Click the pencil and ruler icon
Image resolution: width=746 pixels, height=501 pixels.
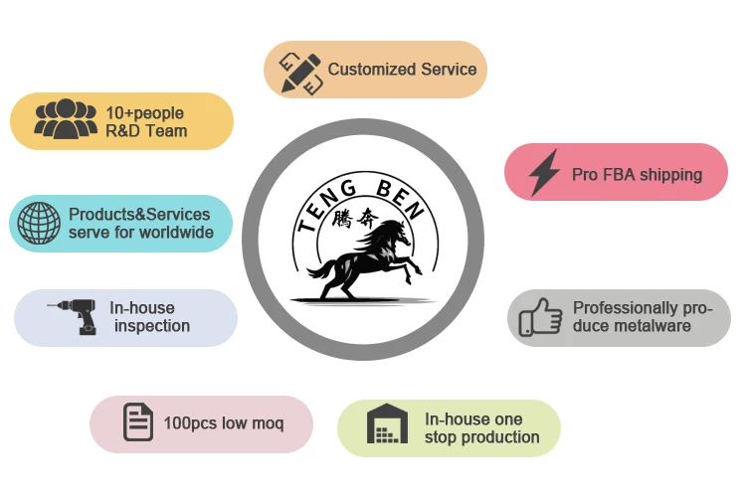300,70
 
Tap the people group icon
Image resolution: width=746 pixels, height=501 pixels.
66,120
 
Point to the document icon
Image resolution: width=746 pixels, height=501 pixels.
137,422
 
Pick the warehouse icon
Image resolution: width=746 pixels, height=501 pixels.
388,424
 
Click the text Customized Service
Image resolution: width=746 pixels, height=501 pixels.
402,70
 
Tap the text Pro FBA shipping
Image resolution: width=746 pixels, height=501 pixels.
637,175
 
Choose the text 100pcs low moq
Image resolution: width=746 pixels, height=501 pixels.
223,423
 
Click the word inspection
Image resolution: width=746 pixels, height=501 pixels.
152,326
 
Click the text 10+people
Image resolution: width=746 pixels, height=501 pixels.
145,112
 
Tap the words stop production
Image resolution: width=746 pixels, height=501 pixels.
481,437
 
